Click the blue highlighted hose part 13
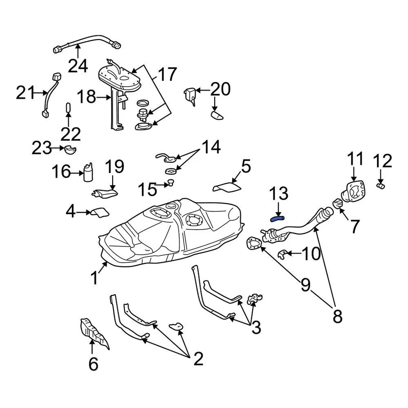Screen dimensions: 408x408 pos(277,218)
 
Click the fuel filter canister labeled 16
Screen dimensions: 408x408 pos(89,172)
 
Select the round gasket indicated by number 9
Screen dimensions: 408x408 pos(254,244)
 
